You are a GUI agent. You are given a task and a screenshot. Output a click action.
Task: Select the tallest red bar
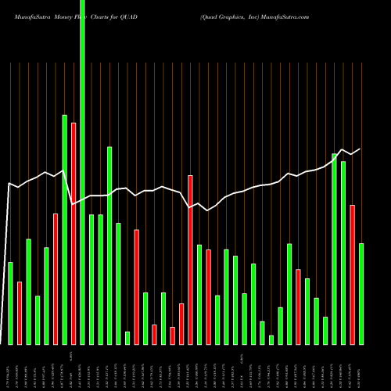click(x=74, y=233)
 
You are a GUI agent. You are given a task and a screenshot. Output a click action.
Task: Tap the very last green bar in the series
click(x=361, y=293)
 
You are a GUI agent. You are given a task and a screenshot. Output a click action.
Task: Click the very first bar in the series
click(x=10, y=303)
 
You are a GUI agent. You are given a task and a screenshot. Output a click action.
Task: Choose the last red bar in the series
click(x=352, y=274)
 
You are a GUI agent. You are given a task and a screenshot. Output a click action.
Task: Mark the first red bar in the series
click(x=20, y=313)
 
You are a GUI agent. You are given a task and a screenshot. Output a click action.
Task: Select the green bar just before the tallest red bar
click(x=64, y=229)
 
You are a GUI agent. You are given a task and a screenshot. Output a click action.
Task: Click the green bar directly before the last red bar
click(x=343, y=253)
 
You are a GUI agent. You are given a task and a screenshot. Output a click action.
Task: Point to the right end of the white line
click(x=361, y=149)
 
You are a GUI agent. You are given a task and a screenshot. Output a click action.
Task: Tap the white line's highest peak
click(x=343, y=149)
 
